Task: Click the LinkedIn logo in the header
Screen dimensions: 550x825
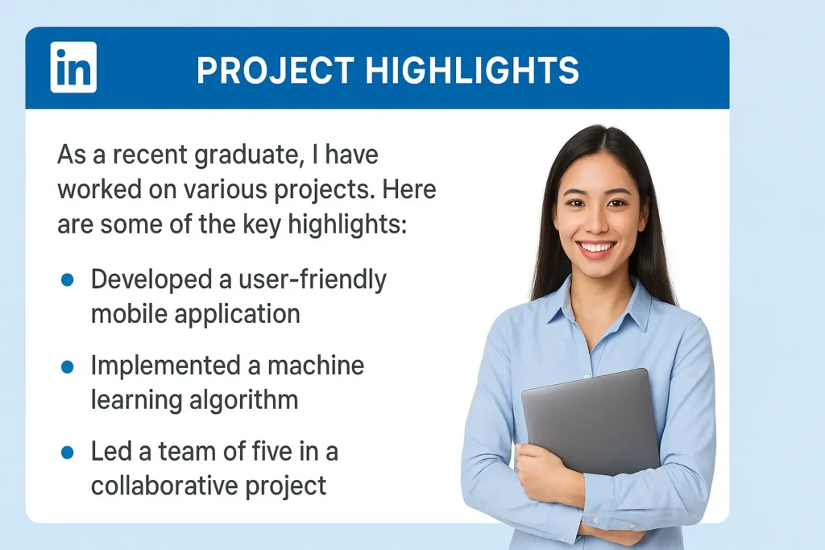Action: [x=73, y=67]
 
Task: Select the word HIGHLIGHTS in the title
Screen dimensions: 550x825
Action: [x=471, y=71]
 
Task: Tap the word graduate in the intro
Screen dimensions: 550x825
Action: [x=241, y=155]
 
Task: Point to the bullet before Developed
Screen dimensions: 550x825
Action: [x=68, y=279]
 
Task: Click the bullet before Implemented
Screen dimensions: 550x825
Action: [x=68, y=366]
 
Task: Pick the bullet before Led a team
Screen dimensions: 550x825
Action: [x=68, y=453]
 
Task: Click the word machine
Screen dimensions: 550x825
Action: [x=316, y=366]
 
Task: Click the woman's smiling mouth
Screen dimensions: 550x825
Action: [x=597, y=247]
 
